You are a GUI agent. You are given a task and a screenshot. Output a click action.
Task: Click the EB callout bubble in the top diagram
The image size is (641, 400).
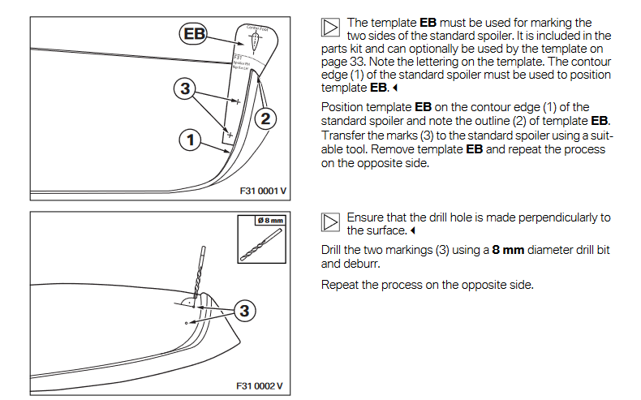click(x=192, y=34)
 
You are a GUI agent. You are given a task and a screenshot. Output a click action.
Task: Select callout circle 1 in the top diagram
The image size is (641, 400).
click(x=190, y=140)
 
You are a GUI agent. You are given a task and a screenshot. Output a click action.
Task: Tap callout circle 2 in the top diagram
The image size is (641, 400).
click(x=265, y=118)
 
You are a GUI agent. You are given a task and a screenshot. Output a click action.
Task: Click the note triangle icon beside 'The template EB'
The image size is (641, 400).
click(x=329, y=28)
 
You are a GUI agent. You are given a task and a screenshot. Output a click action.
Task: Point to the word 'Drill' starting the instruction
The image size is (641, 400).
click(x=333, y=250)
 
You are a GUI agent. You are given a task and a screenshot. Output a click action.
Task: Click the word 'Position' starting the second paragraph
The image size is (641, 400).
click(x=345, y=107)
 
